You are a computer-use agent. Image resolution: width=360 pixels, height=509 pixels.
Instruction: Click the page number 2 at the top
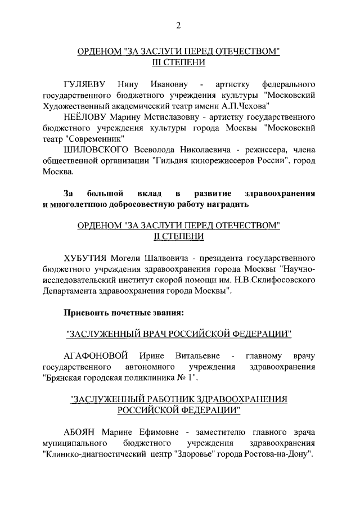tap(178, 24)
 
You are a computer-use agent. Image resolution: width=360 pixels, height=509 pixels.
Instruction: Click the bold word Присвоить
tap(91, 311)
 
